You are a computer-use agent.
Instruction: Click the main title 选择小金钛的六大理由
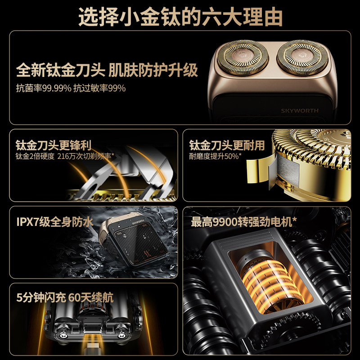(x=180, y=17)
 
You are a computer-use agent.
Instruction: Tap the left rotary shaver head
(x=242, y=58)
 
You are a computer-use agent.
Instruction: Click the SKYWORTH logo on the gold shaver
(x=300, y=111)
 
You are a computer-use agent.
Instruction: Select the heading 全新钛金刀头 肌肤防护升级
(x=107, y=70)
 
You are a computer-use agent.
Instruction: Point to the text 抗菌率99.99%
(x=44, y=88)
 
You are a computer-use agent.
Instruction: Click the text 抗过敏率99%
(x=99, y=88)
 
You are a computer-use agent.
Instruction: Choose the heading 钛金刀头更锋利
(x=54, y=145)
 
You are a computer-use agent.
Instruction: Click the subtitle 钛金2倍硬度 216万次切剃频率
(x=65, y=156)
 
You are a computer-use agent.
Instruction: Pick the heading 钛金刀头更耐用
(x=227, y=145)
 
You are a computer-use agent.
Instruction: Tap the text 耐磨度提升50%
(x=215, y=156)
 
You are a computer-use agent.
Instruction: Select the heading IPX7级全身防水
(x=55, y=222)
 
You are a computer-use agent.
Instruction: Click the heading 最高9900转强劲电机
(x=243, y=222)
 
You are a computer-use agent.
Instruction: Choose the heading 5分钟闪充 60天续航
(x=65, y=297)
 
